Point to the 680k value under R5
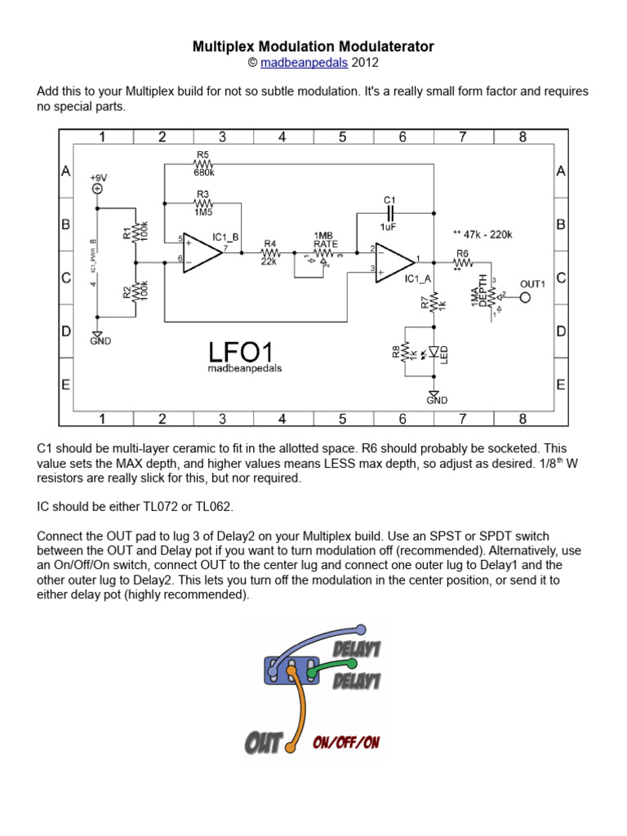(203, 173)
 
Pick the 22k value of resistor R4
(270, 261)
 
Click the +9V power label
(98, 176)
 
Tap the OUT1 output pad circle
(525, 297)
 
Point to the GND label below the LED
(437, 400)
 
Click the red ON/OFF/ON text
(346, 742)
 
